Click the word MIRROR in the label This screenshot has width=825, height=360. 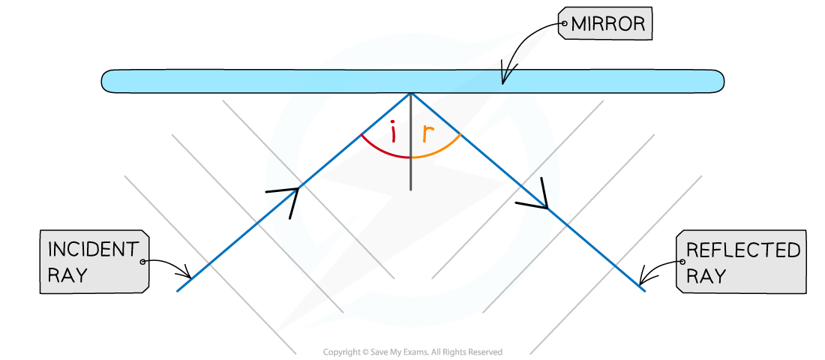pyautogui.click(x=607, y=24)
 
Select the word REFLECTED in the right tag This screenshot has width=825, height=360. pyautogui.click(x=743, y=250)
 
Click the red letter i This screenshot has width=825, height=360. pyautogui.click(x=393, y=133)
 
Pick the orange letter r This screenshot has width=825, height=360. pyautogui.click(x=429, y=136)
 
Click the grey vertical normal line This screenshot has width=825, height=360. pyautogui.click(x=411, y=142)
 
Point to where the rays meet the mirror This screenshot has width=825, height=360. pyautogui.click(x=411, y=94)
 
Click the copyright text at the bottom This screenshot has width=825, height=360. pyautogui.click(x=412, y=352)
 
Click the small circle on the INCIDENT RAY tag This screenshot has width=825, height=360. pyautogui.click(x=142, y=261)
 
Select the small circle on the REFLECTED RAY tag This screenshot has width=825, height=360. pyautogui.click(x=683, y=262)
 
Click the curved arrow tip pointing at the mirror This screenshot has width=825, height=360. pyautogui.click(x=503, y=82)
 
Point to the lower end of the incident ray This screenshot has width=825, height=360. pyautogui.click(x=178, y=290)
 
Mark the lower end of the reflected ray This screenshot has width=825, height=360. pyautogui.click(x=644, y=289)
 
